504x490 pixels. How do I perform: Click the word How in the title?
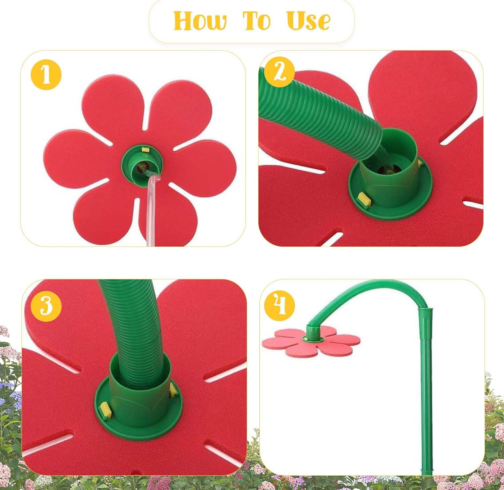pyautogui.click(x=200, y=21)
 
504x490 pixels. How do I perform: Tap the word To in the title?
pyautogui.click(x=257, y=21)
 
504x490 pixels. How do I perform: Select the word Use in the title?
pyautogui.click(x=308, y=21)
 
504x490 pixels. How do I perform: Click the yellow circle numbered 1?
pyautogui.click(x=46, y=75)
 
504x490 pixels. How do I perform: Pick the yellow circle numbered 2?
pyautogui.click(x=280, y=72)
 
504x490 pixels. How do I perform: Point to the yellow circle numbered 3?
pyautogui.click(x=46, y=306)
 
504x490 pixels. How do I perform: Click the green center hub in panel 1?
pyautogui.click(x=142, y=163)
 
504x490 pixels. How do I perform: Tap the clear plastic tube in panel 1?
pyautogui.click(x=152, y=210)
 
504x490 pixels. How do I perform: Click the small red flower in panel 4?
pyautogui.click(x=311, y=341)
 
